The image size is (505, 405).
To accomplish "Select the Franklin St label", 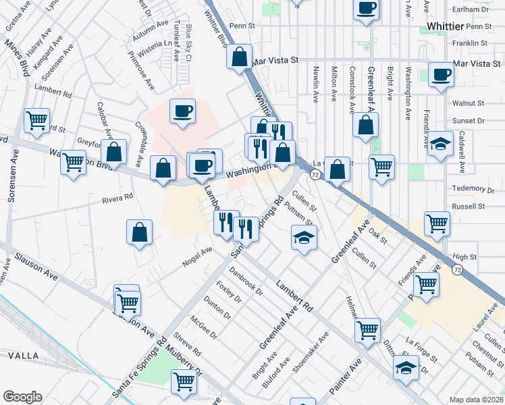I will click(470, 43).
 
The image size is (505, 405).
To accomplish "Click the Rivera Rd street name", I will click(117, 199).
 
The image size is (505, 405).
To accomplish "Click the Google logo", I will click(22, 397).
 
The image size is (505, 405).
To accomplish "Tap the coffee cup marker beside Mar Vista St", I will click(442, 74).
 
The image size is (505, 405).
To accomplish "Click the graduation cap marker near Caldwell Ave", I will click(440, 144).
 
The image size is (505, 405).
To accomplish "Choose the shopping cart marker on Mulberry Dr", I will click(184, 381).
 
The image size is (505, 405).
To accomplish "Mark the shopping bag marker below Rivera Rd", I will click(139, 233).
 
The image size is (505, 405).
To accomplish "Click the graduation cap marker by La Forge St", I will click(406, 368).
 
